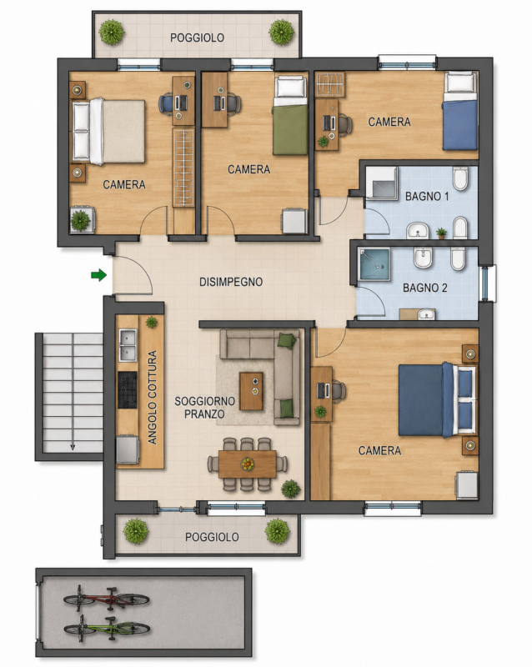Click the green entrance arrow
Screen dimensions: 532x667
coord(98,275)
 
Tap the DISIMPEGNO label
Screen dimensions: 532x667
coord(231,282)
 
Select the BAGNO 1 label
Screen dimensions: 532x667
coord(427,197)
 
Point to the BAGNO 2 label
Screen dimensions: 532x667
coord(424,288)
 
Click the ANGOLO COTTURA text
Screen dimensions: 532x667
coord(152,398)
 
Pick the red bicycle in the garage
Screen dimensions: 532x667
coord(107,598)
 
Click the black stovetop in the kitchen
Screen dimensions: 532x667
coord(128,389)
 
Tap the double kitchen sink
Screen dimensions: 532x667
coord(128,345)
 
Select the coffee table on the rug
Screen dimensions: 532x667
coord(251,391)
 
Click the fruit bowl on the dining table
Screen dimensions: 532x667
coord(248,464)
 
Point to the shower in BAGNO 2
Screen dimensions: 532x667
coord(374,264)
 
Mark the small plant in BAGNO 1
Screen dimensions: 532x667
coord(441,233)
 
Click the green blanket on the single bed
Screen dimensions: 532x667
coord(291,130)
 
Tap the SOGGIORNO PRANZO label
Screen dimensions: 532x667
coord(205,408)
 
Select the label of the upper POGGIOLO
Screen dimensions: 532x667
coord(197,38)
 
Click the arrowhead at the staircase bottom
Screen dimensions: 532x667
coord(73,447)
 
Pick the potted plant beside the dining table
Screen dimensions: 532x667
coord(291,489)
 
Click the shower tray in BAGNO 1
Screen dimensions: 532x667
coord(382,183)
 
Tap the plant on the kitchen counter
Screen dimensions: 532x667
coord(152,322)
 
